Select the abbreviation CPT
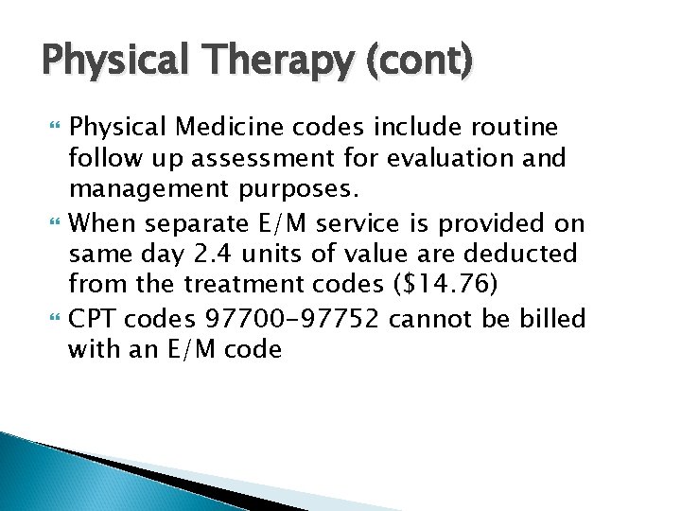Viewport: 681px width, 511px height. pos(93,319)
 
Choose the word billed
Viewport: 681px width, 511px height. pos(549,319)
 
